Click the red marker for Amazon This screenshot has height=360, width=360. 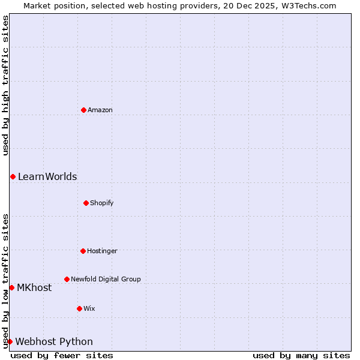coord(83,110)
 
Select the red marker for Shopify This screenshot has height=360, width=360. coord(86,203)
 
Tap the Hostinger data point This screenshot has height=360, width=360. coord(83,251)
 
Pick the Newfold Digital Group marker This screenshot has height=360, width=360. coord(67,279)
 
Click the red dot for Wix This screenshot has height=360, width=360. coord(79,308)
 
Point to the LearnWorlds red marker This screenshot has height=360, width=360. coord(13,176)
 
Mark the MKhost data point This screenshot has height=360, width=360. coord(11,287)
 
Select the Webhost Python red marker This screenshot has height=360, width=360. coord(10,341)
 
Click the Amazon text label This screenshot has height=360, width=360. coord(100,110)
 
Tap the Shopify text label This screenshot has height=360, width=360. coord(102,203)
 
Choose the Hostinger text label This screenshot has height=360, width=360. coord(102,251)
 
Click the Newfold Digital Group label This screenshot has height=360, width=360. coord(106,279)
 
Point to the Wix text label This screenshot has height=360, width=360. coord(89,308)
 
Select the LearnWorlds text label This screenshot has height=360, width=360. coord(47,176)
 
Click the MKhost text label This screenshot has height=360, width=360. coord(34,287)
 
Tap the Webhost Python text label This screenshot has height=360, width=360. coord(54,341)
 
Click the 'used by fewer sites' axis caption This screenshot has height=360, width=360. coord(62,355)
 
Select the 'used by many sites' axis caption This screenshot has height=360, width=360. coord(301,355)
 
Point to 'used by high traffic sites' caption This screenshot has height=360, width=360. coord(5,85)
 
